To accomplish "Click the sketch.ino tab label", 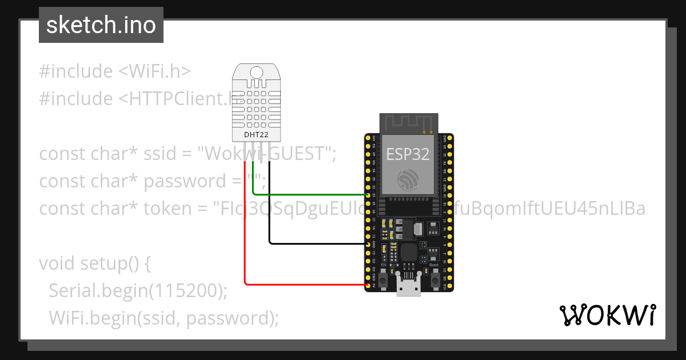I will [101, 25].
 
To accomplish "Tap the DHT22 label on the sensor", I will [256, 135].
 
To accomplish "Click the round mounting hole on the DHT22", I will [256, 72].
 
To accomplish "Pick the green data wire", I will [309, 194].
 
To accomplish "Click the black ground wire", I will [314, 244].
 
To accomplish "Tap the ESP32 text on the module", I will [408, 154].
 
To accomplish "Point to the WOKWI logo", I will [607, 315].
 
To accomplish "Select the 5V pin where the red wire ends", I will [368, 284].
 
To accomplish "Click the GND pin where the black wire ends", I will [368, 244].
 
